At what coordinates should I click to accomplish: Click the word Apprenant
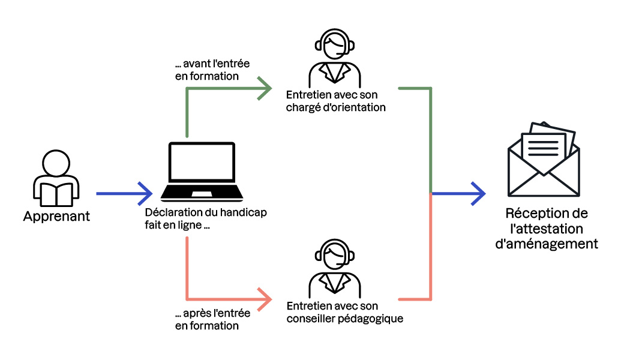pyautogui.click(x=56, y=216)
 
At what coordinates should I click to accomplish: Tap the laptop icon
pyautogui.click(x=202, y=171)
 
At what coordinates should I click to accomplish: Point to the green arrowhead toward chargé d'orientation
pyautogui.click(x=264, y=88)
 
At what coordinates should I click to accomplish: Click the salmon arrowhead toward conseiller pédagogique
pyautogui.click(x=264, y=298)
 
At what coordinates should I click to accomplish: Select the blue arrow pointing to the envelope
pyautogui.click(x=459, y=193)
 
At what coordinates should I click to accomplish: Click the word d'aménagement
pyautogui.click(x=547, y=244)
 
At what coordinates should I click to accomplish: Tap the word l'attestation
pyautogui.click(x=547, y=229)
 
